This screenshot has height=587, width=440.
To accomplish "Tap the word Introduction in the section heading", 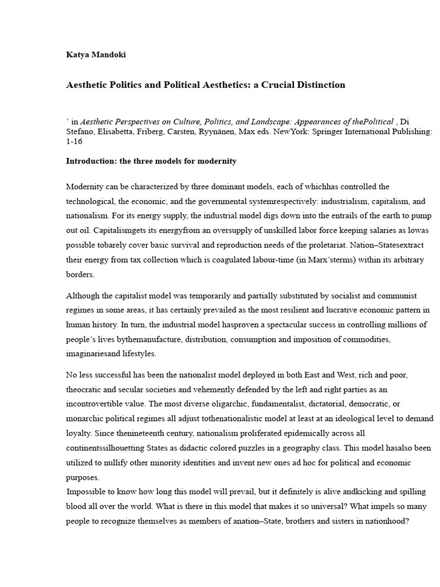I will pos(91,161).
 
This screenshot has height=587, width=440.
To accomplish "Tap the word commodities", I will pos(366,339).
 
